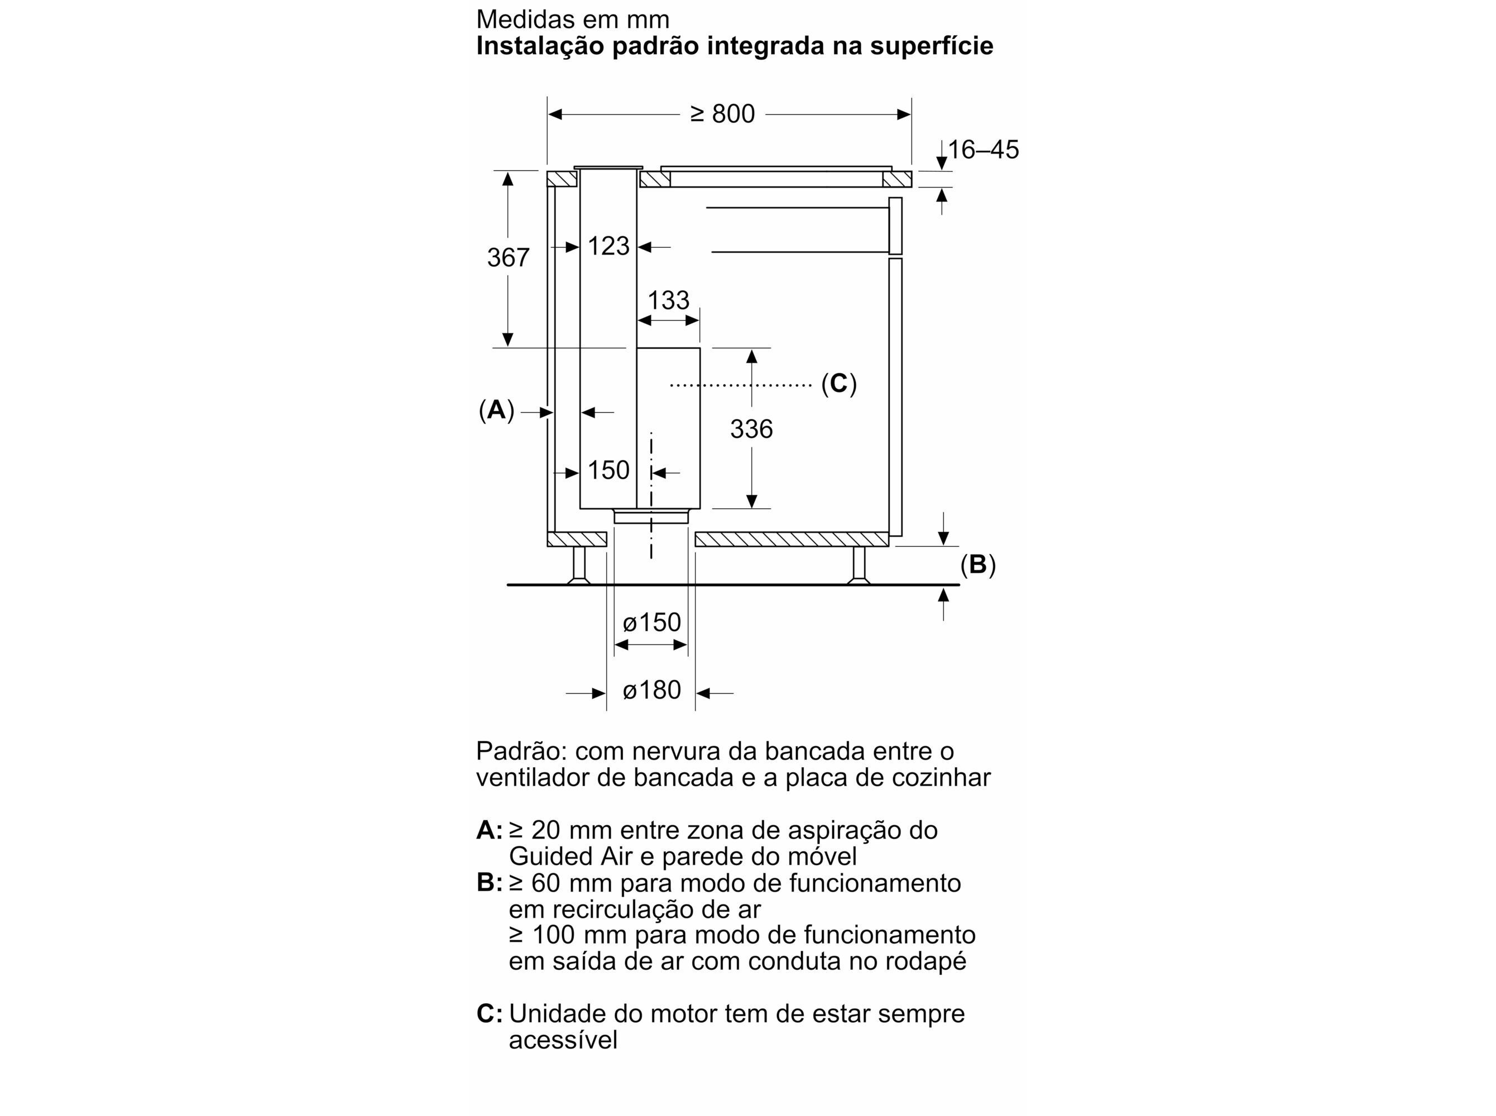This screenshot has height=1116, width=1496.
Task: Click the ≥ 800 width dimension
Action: point(722,114)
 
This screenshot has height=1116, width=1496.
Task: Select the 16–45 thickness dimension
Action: point(983,150)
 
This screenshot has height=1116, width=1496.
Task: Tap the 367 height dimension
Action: point(508,257)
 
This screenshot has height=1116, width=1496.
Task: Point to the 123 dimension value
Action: point(608,246)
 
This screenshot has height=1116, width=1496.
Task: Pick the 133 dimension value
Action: point(668,300)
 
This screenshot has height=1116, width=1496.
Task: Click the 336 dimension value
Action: point(751,429)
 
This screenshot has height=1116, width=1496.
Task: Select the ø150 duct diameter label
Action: point(651,622)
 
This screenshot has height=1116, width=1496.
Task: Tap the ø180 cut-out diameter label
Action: point(651,690)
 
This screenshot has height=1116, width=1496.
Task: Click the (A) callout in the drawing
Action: point(497,410)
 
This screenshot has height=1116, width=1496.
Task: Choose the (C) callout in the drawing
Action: point(838,384)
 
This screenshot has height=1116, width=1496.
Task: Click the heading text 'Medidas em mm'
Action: point(572,20)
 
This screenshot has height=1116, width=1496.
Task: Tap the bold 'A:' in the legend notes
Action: point(489,830)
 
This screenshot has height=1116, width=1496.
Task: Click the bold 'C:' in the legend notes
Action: point(489,1014)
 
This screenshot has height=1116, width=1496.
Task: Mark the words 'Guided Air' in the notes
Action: point(569,857)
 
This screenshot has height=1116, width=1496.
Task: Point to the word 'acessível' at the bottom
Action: point(563,1040)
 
